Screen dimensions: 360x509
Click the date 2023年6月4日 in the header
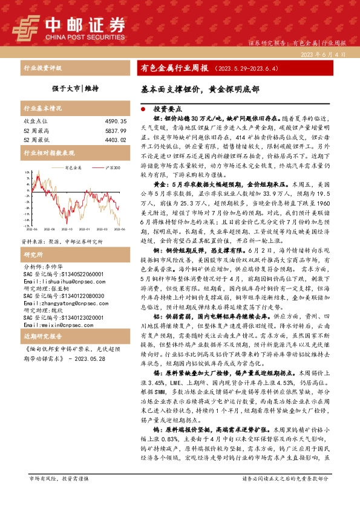(322, 54)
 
